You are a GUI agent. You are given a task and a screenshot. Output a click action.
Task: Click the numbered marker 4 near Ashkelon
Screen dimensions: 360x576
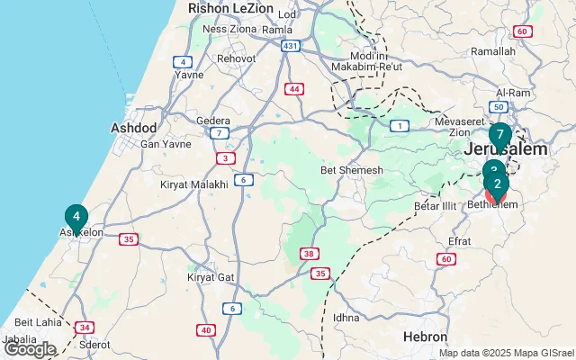point(76,217)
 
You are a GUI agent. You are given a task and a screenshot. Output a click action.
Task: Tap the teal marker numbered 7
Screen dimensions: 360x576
point(499,135)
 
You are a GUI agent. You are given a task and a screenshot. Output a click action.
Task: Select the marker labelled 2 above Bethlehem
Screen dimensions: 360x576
point(497,184)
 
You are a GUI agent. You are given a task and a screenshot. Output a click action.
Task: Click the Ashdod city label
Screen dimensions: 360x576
point(134,128)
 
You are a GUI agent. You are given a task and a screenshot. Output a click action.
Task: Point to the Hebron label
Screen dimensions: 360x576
point(426,336)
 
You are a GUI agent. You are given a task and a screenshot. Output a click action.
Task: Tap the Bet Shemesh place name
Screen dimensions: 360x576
point(352,170)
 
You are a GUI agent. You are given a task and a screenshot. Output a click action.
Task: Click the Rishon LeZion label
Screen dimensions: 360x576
point(229,8)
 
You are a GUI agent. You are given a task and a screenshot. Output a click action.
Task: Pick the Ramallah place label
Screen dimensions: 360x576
point(493,51)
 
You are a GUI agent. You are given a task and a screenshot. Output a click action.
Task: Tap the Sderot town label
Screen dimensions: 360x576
point(94,345)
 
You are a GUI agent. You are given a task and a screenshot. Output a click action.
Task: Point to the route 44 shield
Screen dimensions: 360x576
point(294,88)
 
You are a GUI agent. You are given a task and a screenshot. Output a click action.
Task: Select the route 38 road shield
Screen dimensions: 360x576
point(309,255)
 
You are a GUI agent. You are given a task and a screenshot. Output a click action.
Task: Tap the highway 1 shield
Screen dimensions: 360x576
point(397,126)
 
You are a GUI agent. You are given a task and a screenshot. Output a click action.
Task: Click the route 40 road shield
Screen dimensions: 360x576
point(206,330)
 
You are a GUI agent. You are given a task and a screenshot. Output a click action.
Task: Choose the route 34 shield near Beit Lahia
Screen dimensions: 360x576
point(84,327)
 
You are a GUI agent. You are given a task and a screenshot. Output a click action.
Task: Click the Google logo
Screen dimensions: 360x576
point(30,348)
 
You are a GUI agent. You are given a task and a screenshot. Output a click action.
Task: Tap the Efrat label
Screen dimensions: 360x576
point(459,241)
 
